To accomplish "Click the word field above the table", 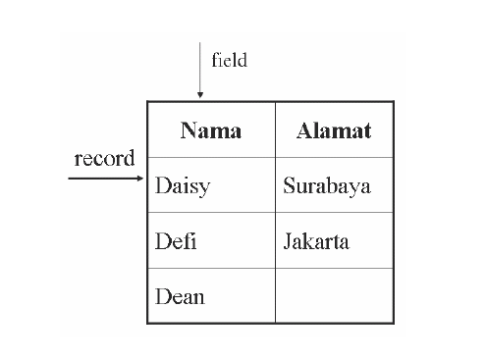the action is click(229, 61).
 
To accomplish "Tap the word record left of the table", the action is click(104, 160).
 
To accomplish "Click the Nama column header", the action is click(211, 131).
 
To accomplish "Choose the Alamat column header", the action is click(334, 131).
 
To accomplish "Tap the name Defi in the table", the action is click(176, 241).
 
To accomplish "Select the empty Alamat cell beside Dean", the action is click(334, 296).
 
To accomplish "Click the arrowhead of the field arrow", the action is click(200, 95).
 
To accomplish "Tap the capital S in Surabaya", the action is click(290, 185).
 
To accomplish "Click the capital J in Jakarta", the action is click(288, 241).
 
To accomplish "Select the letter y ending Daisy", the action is click(204, 188).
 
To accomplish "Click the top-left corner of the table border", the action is click(148, 102).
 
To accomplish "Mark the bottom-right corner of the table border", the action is click(393, 323).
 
